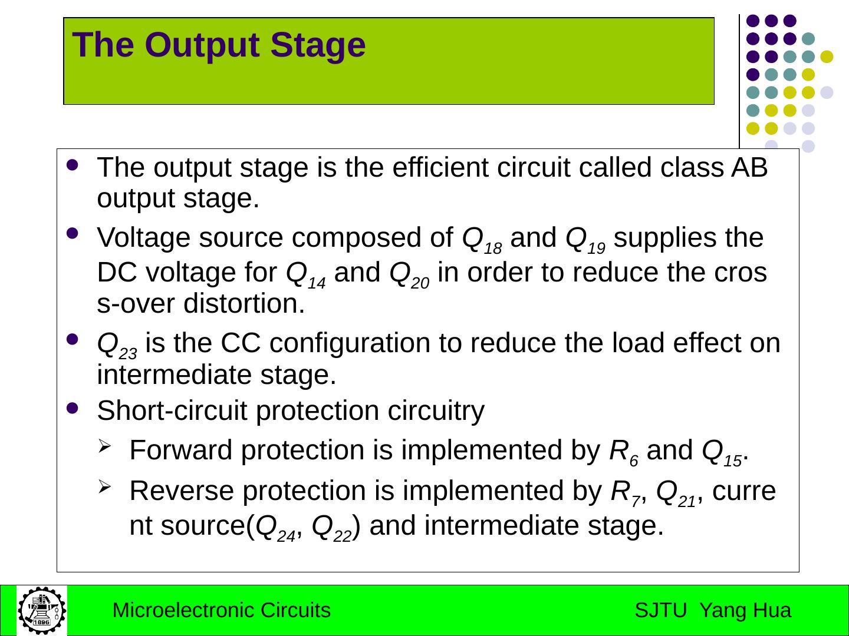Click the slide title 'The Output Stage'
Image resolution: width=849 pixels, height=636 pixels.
tap(219, 45)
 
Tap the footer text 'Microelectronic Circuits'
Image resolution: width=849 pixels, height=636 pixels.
tap(221, 611)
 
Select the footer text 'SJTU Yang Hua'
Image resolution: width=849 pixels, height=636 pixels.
tap(713, 611)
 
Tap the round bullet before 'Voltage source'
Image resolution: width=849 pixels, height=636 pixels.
tap(73, 234)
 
